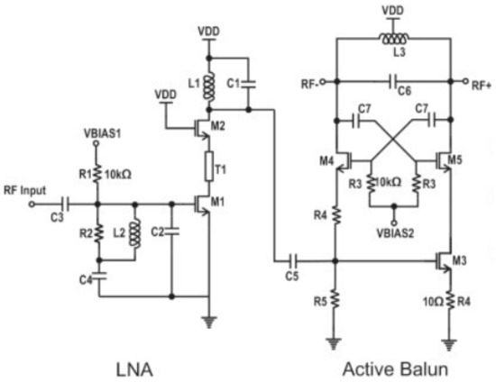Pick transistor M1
[202, 204]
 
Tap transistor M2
[202, 127]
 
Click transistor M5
[442, 162]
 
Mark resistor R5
[335, 297]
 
